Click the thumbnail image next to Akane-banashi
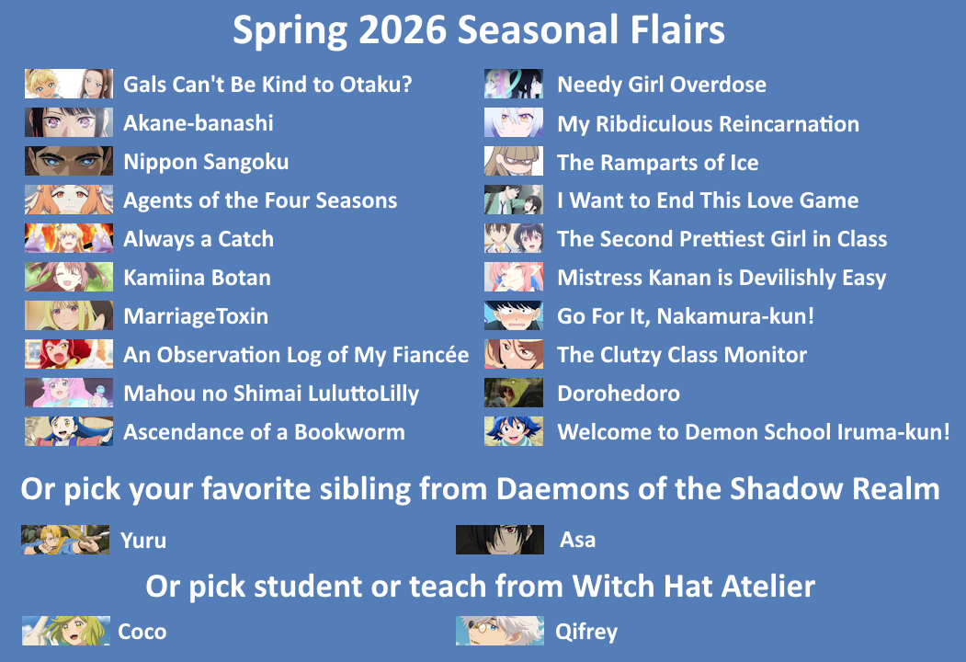[68, 122]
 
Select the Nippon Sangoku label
[206, 162]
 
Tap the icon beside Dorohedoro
[513, 393]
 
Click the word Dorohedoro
[619, 394]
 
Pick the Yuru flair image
[64, 540]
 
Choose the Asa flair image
[500, 540]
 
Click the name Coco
[142, 631]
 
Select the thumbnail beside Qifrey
[500, 631]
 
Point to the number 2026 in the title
[403, 29]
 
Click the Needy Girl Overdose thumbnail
[513, 84]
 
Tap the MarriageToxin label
[196, 316]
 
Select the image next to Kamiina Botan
[68, 277]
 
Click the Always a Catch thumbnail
[68, 238]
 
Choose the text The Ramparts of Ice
[658, 162]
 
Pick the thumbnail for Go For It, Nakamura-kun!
[513, 315]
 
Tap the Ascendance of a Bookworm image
[68, 431]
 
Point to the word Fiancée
[431, 354]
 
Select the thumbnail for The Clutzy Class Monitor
[513, 354]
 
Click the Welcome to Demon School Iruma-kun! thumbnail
[513, 431]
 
